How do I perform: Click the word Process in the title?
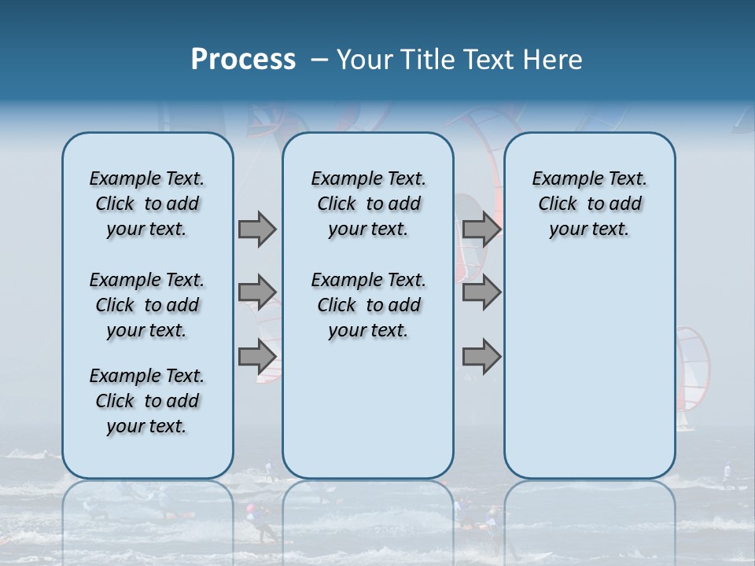[243, 59]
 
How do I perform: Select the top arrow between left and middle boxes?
[257, 229]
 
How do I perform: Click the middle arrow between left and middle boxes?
[257, 292]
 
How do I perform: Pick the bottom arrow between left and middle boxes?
[257, 357]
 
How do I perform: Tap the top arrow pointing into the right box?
[481, 229]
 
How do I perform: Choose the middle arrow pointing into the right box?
[481, 292]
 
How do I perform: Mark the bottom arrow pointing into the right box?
[481, 357]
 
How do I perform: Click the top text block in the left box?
[147, 204]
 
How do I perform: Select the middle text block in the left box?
[147, 305]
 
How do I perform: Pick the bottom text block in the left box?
[147, 401]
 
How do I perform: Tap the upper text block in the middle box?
[368, 204]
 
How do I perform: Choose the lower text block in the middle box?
[368, 305]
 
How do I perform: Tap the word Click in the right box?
[558, 204]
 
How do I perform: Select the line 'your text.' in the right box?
[589, 229]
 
